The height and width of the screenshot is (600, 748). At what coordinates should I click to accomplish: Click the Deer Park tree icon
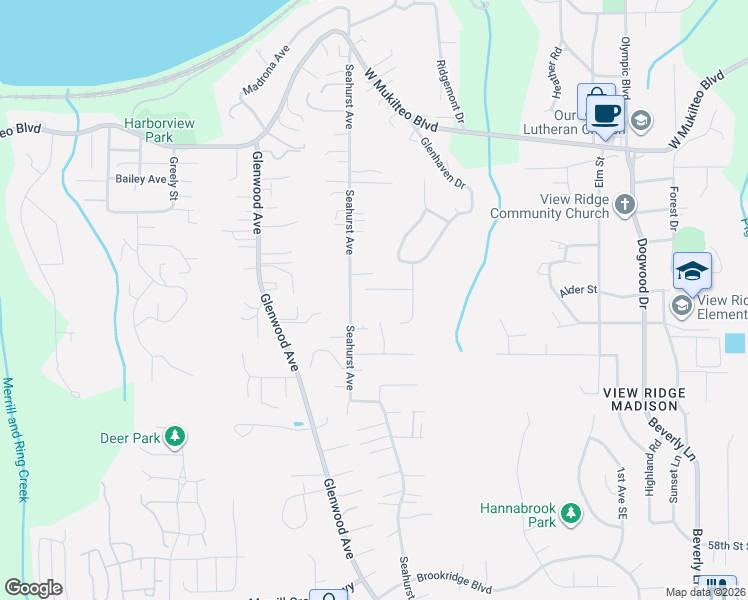(175, 437)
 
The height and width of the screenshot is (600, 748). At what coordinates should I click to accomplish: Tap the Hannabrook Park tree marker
(570, 514)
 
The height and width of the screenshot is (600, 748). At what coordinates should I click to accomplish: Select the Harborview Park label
(159, 129)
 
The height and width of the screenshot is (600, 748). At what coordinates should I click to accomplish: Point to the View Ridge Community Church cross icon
(625, 205)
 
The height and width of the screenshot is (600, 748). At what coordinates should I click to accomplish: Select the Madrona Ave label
(266, 70)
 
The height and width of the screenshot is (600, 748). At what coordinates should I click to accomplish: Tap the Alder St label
(578, 290)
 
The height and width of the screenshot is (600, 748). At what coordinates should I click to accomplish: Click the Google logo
(33, 588)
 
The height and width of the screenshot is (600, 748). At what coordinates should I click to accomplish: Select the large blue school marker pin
(692, 271)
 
